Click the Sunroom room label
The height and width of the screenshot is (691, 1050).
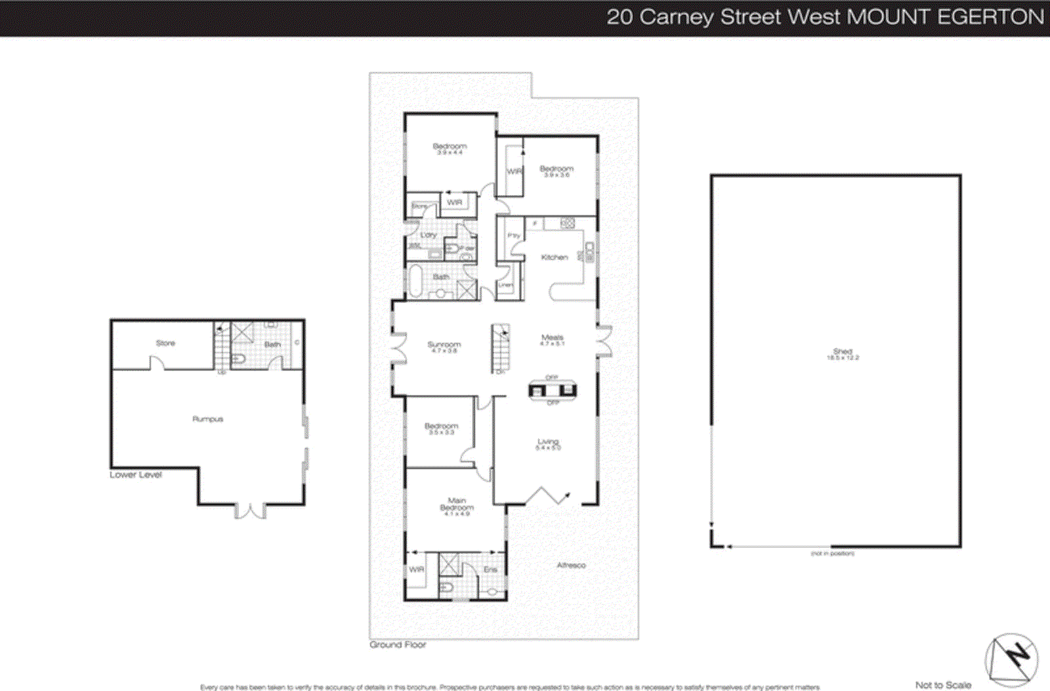pyautogui.click(x=444, y=345)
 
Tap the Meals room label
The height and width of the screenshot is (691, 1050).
pyautogui.click(x=552, y=338)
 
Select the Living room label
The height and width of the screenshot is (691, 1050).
pyautogui.click(x=548, y=442)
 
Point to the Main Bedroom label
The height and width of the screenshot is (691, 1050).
pyautogui.click(x=457, y=504)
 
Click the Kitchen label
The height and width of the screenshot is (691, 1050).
pyautogui.click(x=554, y=257)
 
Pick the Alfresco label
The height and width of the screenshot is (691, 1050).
pyautogui.click(x=571, y=566)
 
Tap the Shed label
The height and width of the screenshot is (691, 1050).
pyautogui.click(x=843, y=352)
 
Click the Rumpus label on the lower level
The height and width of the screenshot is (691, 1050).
pyautogui.click(x=207, y=419)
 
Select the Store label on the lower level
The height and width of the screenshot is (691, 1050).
pyautogui.click(x=165, y=344)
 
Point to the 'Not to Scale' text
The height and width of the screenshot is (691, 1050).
pyautogui.click(x=943, y=685)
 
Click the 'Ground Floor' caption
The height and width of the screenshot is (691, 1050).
pyautogui.click(x=398, y=645)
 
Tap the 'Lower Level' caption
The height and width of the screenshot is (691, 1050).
pyautogui.click(x=136, y=475)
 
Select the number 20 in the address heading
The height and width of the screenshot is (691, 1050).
pyautogui.click(x=619, y=17)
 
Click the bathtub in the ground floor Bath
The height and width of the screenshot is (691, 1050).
pyautogui.click(x=415, y=280)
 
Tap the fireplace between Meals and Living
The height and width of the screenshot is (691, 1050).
pyautogui.click(x=553, y=390)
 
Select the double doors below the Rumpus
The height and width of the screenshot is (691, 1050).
pyautogui.click(x=250, y=510)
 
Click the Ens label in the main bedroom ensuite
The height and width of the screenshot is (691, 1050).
pyautogui.click(x=490, y=569)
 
